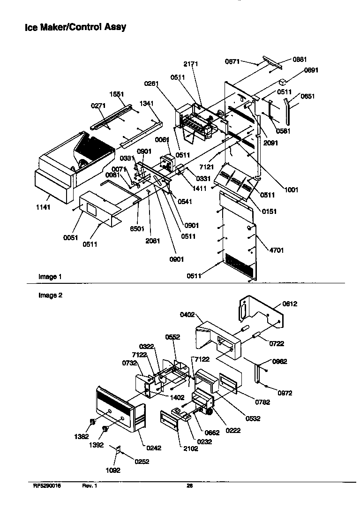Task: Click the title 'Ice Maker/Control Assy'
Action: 75,27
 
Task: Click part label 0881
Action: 300,59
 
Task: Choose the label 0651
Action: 307,96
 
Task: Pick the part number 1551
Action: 116,94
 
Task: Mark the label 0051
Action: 71,237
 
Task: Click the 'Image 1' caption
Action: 50,277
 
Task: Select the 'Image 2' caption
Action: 50,296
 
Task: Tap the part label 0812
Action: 290,304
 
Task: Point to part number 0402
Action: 187,315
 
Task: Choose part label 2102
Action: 191,448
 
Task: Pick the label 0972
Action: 285,393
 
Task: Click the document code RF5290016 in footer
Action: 46,486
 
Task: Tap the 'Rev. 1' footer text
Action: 90,486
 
